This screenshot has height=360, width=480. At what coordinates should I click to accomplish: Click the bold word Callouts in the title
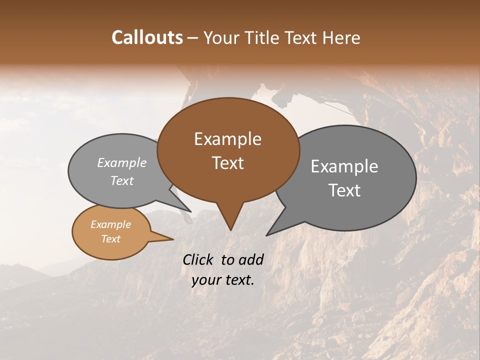(x=147, y=37)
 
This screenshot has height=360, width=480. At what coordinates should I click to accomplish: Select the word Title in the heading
(x=264, y=37)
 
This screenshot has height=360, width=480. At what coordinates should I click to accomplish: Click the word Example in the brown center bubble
(x=227, y=139)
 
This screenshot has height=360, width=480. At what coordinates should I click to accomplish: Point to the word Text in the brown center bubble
(x=227, y=163)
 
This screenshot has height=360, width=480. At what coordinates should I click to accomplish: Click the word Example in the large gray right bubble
(x=344, y=166)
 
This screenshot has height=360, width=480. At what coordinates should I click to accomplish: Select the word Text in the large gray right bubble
(x=344, y=190)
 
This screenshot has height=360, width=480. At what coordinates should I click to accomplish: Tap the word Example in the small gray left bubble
(x=121, y=163)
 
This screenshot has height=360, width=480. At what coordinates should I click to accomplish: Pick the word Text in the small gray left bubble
(x=121, y=181)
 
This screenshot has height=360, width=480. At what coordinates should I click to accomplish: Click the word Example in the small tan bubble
(x=110, y=224)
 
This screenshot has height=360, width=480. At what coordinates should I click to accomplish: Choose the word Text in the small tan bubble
(x=110, y=239)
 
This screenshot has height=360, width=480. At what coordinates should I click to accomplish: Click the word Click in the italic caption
(x=198, y=259)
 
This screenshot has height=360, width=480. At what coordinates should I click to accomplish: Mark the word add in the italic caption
(x=251, y=259)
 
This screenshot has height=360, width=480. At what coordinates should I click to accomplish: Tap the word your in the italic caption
(x=206, y=280)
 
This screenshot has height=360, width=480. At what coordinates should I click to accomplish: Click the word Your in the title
(x=220, y=37)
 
